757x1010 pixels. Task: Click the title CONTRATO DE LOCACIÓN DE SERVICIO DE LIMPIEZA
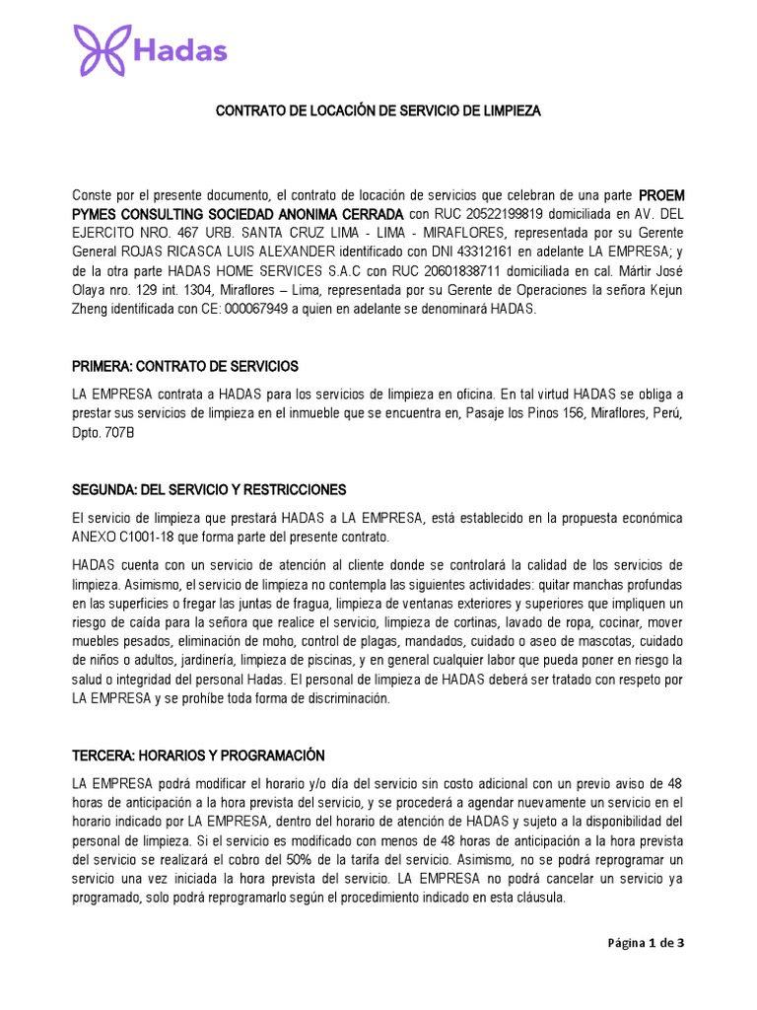coord(378,111)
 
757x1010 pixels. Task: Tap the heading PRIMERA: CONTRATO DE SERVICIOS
coord(185,366)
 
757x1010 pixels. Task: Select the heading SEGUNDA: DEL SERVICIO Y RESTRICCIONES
coord(209,489)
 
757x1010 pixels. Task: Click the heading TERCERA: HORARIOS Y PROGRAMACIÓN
coord(198,756)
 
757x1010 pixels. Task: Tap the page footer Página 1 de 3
coord(645,942)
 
